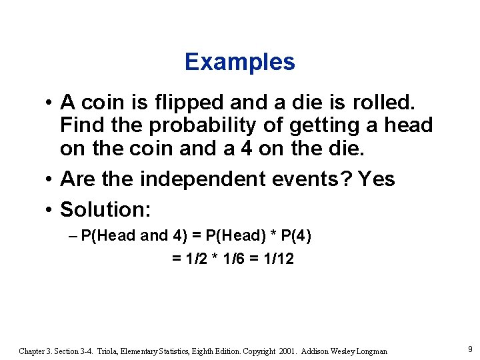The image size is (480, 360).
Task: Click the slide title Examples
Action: [240, 62]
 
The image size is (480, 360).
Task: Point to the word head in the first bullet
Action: [407, 125]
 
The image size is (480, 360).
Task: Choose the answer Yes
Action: [376, 179]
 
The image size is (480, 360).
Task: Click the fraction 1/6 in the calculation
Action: [233, 258]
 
